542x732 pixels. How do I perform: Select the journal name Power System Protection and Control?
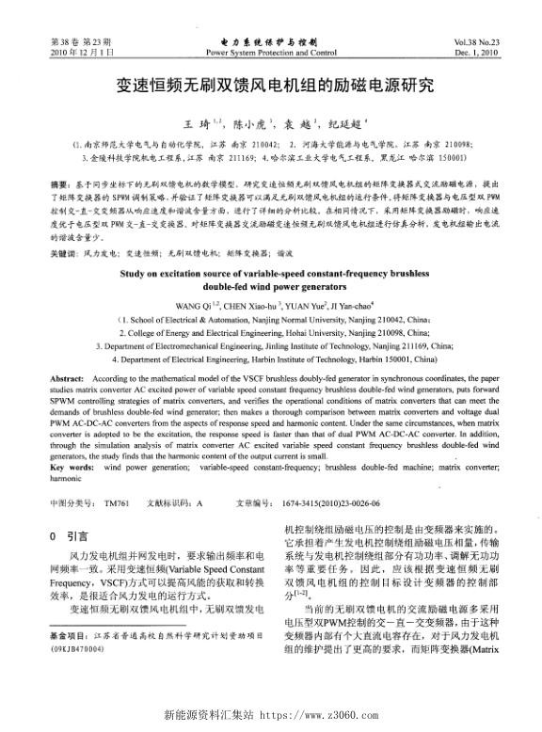pos(270,54)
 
